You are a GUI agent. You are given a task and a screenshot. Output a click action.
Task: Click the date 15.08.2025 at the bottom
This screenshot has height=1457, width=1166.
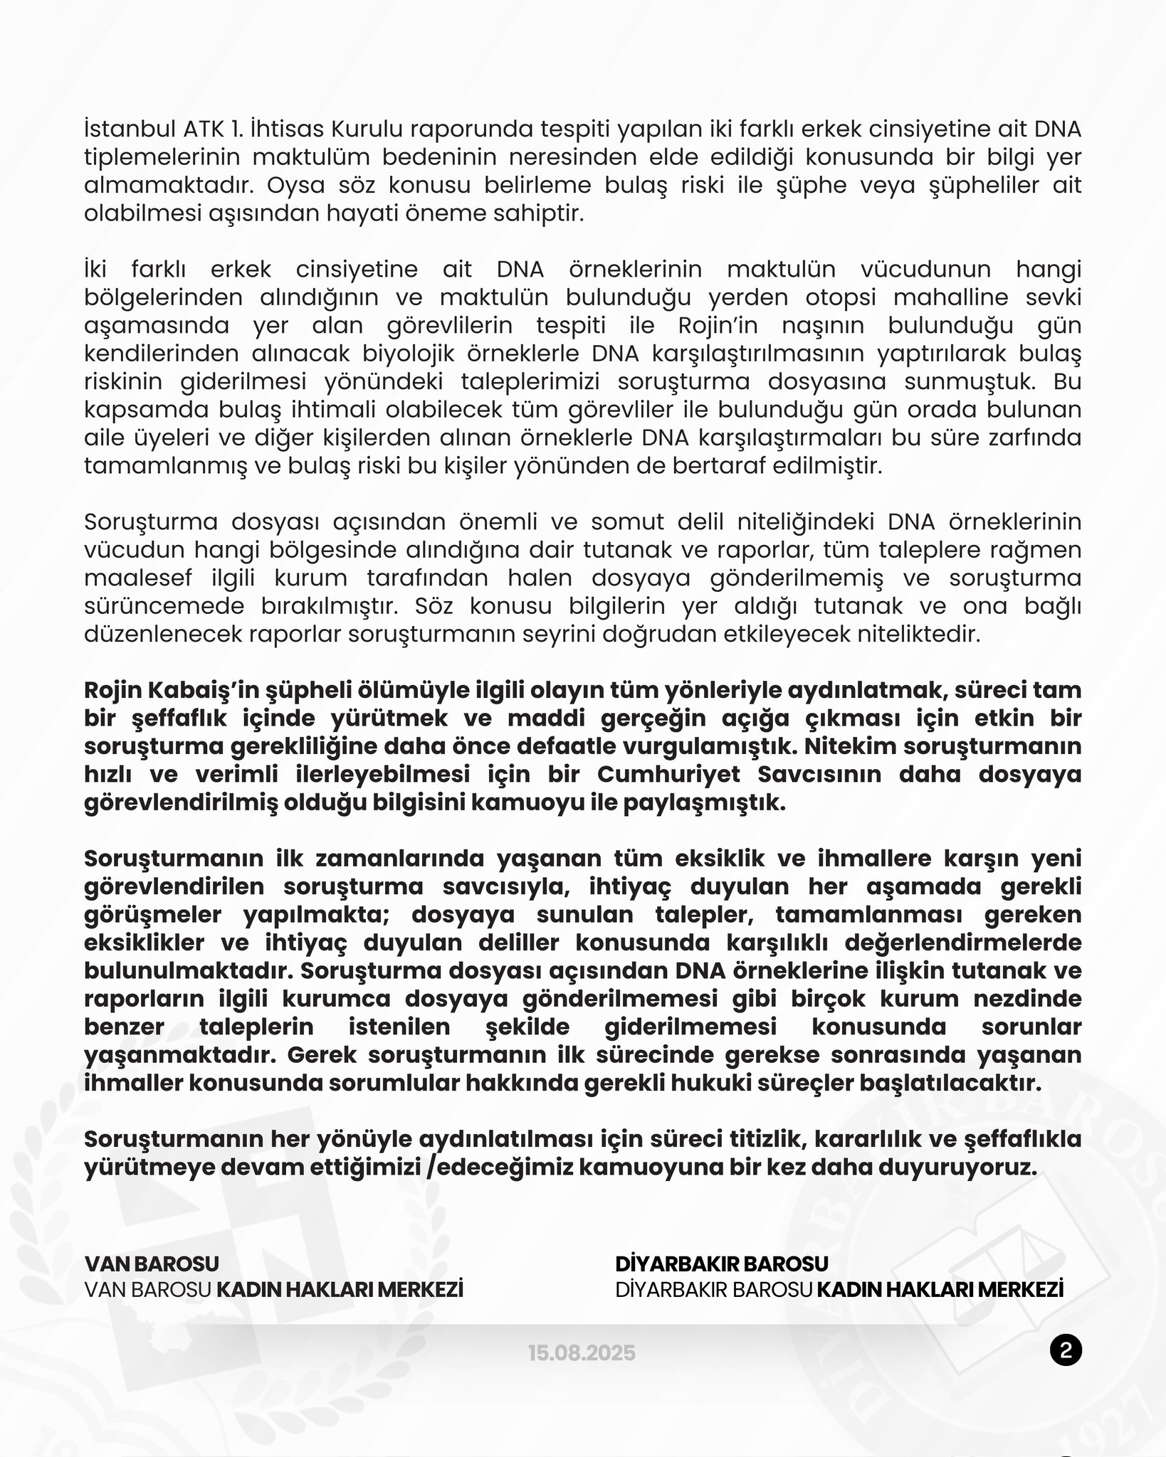(x=582, y=1352)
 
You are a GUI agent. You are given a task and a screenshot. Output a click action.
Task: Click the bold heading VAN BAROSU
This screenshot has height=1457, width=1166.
(x=152, y=1263)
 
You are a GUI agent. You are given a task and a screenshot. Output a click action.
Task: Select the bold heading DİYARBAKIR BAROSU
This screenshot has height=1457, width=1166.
(x=722, y=1263)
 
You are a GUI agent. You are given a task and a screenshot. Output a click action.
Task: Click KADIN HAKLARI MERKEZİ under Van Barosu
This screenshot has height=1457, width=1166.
(x=340, y=1290)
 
